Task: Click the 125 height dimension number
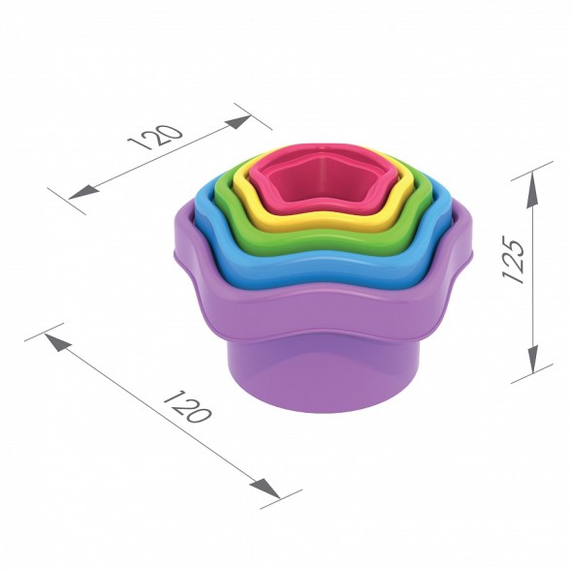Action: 514,259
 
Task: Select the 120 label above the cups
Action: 155,138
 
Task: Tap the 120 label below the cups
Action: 187,406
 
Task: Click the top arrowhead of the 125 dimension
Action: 532,190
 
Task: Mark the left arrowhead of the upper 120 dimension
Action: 83,192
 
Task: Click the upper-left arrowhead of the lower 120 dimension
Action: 57,342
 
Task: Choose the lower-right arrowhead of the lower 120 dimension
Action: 265,488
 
